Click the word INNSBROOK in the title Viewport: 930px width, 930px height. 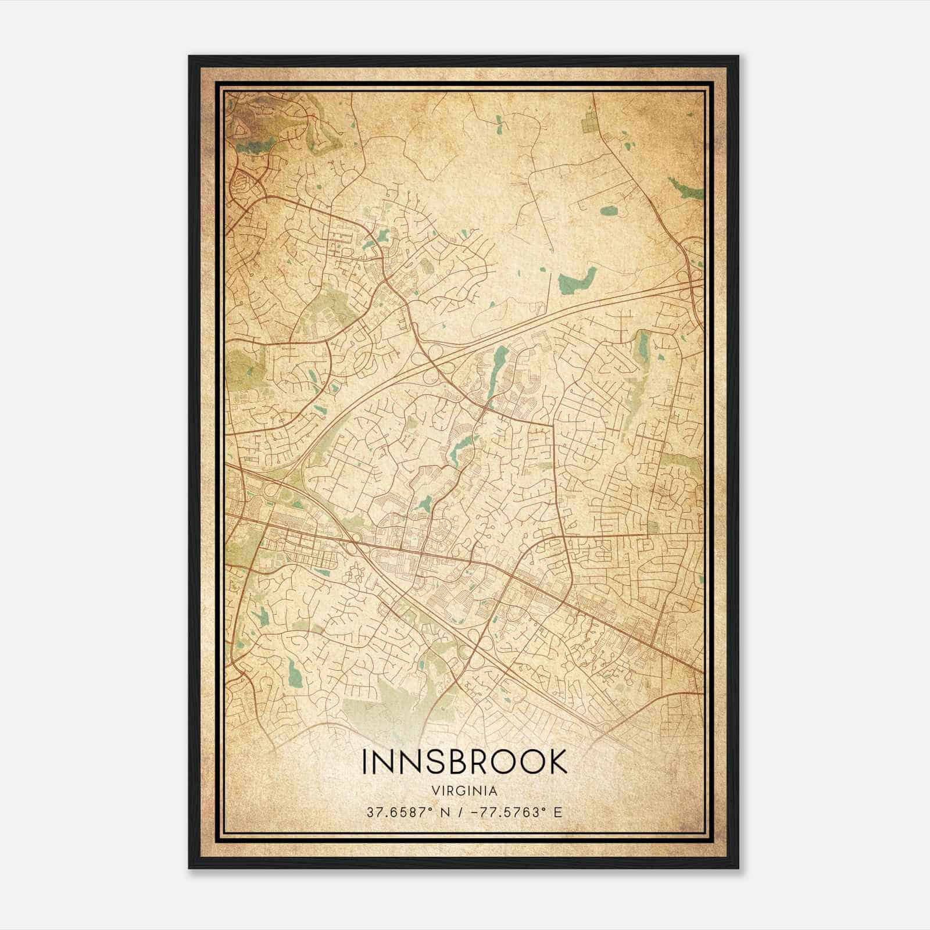pyautogui.click(x=464, y=761)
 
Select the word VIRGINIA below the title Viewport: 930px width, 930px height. pyautogui.click(x=464, y=791)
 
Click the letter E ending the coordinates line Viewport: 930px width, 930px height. pyautogui.click(x=559, y=812)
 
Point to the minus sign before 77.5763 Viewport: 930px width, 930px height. pyautogui.click(x=460, y=812)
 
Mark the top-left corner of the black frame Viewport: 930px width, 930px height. pyautogui.click(x=189, y=56)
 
